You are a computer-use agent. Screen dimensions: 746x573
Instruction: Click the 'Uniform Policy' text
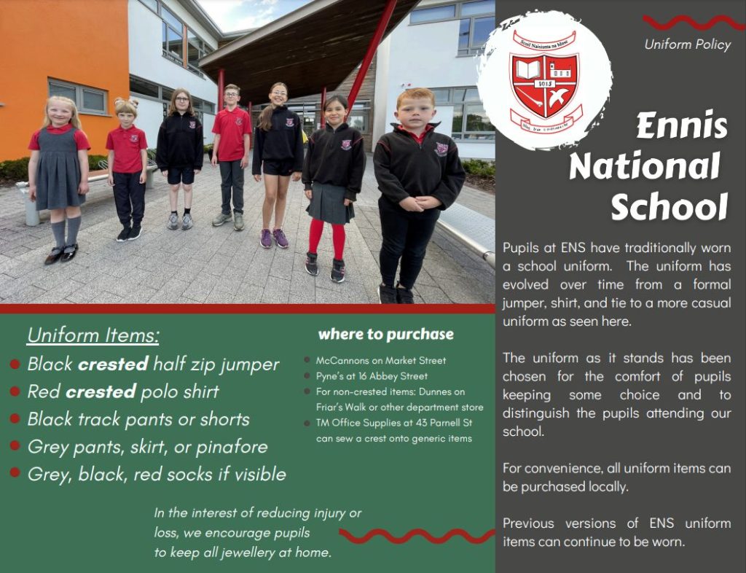(688, 44)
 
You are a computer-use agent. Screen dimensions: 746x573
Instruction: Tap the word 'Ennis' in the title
(682, 126)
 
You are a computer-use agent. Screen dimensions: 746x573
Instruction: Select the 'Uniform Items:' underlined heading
(93, 335)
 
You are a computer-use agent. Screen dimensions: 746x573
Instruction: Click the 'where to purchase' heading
(386, 334)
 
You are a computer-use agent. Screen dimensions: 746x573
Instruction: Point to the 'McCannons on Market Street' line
(381, 360)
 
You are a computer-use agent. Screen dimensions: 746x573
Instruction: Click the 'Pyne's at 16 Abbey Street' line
(372, 376)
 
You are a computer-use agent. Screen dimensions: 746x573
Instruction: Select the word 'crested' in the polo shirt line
(101, 391)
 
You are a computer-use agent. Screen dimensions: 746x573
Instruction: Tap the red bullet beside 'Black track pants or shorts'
(15, 418)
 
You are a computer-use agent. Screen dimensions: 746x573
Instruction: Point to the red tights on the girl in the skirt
(326, 239)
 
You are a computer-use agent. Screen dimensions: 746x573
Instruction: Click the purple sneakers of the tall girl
(274, 238)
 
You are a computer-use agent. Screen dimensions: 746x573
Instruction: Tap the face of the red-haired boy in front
(415, 111)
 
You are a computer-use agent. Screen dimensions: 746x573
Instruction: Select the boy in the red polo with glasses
(231, 157)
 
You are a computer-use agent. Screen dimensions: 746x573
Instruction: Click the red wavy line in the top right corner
(694, 22)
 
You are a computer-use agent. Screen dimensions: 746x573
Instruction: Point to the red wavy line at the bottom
(417, 536)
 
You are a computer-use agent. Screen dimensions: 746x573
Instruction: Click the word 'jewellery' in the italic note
(246, 553)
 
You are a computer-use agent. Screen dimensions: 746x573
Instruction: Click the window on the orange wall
(79, 97)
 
